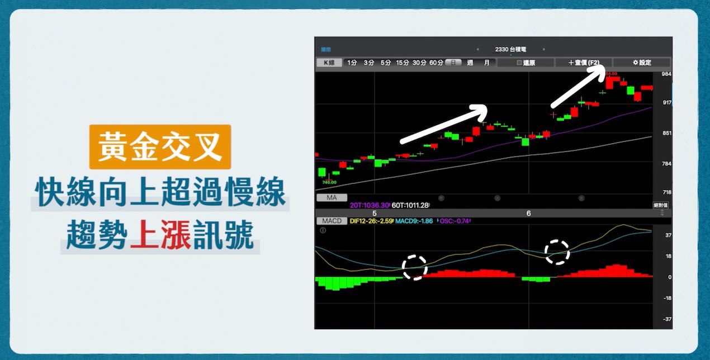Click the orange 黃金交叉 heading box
point(160,147)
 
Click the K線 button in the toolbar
point(329,63)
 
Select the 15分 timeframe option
point(403,63)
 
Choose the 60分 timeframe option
point(436,63)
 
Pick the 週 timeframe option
point(470,63)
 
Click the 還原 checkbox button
point(526,63)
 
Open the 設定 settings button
point(641,63)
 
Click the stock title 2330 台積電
point(509,49)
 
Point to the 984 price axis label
point(666,74)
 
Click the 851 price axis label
point(666,133)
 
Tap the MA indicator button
point(332,197)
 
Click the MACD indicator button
point(332,221)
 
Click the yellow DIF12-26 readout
point(371,221)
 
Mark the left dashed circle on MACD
point(414,267)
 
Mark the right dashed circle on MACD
point(557,252)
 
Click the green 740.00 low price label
point(329,182)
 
